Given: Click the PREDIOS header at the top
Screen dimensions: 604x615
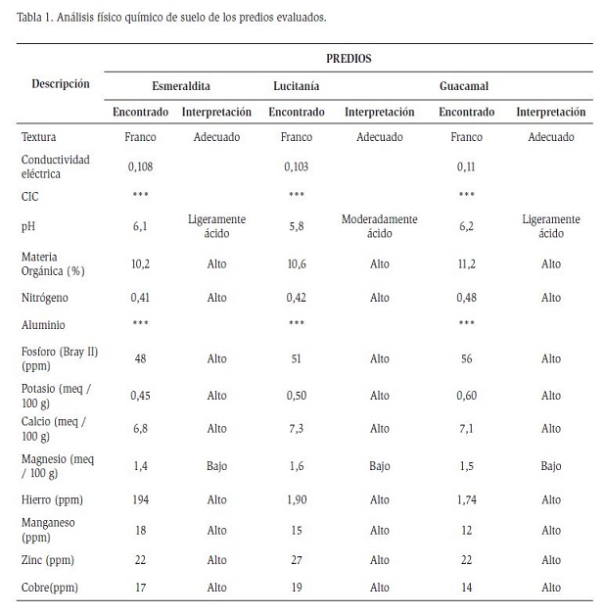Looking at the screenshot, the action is tap(348, 59).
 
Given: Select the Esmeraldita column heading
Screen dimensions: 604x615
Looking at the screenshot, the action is tap(181, 86).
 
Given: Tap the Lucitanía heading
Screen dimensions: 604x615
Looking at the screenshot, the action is tap(297, 86).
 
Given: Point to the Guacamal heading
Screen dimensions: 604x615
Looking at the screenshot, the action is tap(464, 86).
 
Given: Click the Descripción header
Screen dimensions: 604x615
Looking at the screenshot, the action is tap(61, 84).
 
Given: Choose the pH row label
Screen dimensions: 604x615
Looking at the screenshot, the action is tap(28, 226).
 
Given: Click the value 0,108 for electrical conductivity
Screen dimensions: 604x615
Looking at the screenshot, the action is tap(140, 167).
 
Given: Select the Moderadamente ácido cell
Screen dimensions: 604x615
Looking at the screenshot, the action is tap(380, 226).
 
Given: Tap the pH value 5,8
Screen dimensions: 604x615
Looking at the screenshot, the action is tap(297, 226).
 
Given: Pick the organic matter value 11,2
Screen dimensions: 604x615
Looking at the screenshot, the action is tap(466, 264).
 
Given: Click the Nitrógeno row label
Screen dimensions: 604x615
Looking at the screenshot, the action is tap(45, 298).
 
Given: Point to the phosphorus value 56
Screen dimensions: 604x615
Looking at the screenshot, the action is tap(466, 358).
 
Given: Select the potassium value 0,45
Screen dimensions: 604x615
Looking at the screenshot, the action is tap(140, 396).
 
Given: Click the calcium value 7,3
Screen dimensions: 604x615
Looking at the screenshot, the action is tap(297, 428).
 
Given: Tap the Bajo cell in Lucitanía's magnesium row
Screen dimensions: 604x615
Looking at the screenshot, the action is tap(380, 466).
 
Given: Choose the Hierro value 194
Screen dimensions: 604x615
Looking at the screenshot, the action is tap(140, 499).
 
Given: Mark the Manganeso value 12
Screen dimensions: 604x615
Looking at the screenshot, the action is tap(466, 530).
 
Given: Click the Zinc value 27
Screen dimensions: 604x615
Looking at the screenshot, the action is tap(297, 560).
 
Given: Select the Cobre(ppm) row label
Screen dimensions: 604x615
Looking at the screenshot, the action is tap(50, 588).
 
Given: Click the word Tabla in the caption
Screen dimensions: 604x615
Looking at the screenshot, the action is tap(29, 18).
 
